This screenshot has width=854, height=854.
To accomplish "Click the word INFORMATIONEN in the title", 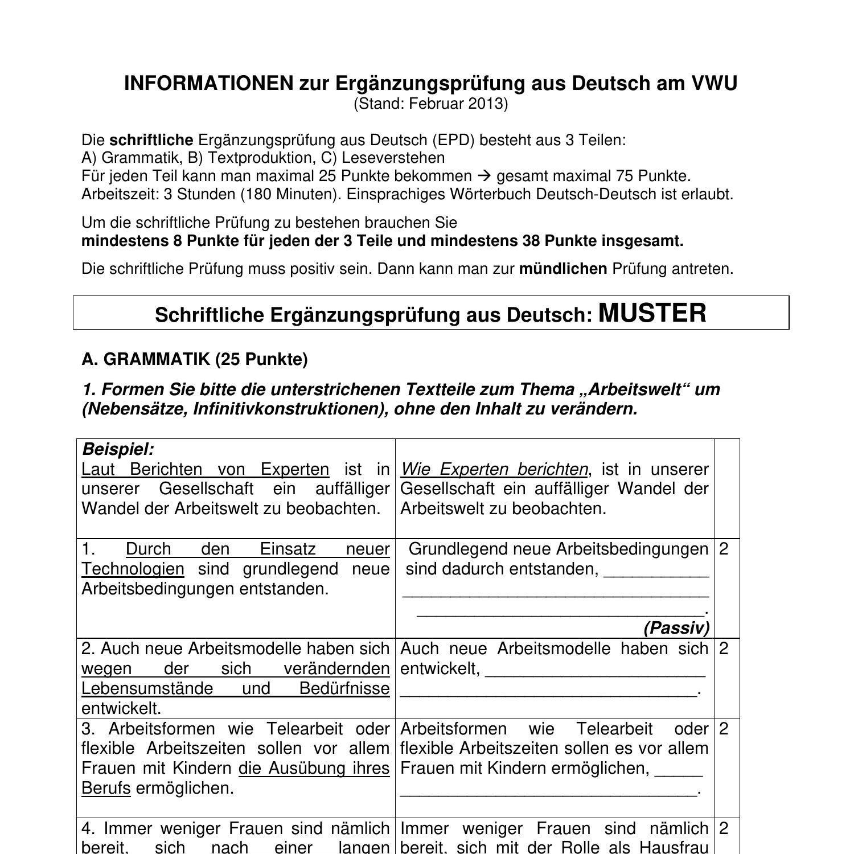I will (208, 84).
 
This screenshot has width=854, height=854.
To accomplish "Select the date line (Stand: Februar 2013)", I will (430, 104).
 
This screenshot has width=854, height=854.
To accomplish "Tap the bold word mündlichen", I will (563, 269).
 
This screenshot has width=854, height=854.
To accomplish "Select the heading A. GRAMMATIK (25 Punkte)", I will (195, 359).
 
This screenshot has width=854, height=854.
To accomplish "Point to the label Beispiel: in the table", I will (118, 449).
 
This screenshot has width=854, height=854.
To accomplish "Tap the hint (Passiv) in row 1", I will (676, 628).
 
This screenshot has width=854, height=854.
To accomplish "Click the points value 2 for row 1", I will (724, 549).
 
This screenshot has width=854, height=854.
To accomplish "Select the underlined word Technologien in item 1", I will (133, 569).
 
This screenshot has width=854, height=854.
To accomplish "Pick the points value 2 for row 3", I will (724, 729).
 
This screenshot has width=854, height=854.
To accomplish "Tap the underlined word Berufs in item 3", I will (106, 789).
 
